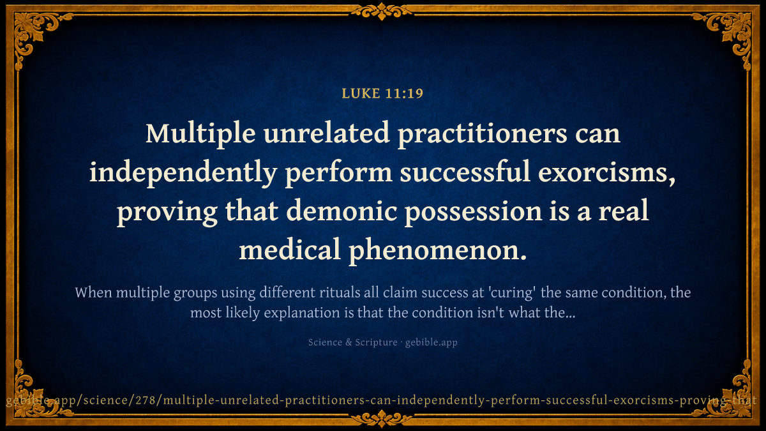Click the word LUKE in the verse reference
pos(361,93)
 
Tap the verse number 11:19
pos(405,93)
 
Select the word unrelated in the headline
pos(327,133)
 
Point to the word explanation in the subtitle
pos(301,314)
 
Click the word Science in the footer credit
pos(325,342)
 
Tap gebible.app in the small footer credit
pos(432,343)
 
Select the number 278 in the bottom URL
pos(146,400)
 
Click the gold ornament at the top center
pos(382,11)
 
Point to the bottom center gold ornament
pos(382,419)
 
